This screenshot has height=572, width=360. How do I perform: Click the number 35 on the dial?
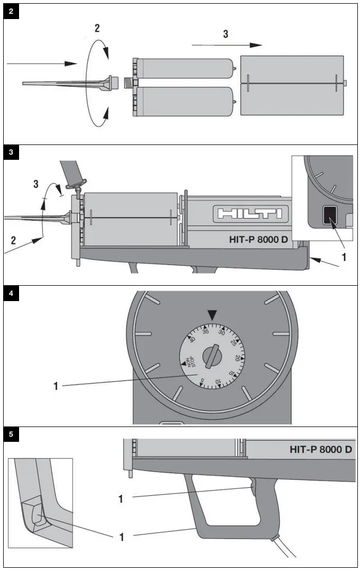205,331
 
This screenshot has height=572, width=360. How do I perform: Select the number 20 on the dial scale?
237,358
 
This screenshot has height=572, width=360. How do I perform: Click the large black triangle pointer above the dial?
212,315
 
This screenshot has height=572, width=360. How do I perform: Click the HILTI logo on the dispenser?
248,214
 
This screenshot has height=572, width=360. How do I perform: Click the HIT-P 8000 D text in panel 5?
321,450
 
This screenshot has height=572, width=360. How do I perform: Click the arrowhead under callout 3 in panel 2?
256,45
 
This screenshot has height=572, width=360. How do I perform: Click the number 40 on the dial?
192,339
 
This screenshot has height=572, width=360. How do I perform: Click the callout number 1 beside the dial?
56,386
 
